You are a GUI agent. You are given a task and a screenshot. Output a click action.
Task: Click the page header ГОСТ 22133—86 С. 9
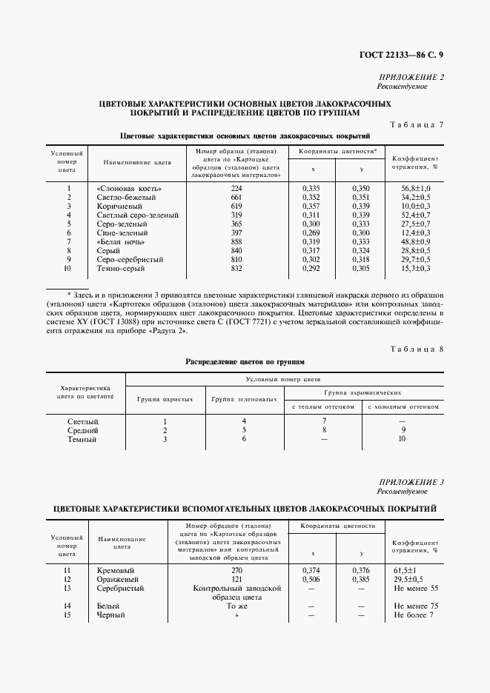[x=400, y=54]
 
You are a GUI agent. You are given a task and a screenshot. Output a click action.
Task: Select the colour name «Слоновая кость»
[x=129, y=189]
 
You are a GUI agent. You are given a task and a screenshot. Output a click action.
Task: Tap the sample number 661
[x=236, y=198]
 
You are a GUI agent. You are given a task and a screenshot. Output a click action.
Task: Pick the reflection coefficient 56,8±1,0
[x=416, y=189]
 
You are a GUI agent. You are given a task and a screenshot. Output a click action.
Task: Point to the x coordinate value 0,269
[x=311, y=232]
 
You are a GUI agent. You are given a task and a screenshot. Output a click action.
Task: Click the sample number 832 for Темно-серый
[x=236, y=268]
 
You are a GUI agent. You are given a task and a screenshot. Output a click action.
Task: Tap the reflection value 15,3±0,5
[x=416, y=268]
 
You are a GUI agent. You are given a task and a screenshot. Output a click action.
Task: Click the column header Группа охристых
[x=165, y=399]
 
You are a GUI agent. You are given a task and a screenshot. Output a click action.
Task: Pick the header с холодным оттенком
[x=403, y=406]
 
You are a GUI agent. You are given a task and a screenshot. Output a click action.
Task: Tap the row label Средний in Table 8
[x=82, y=430]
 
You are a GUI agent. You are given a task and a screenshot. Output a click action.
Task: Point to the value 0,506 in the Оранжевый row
[x=311, y=579]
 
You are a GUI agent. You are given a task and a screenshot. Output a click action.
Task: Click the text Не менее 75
[x=417, y=606]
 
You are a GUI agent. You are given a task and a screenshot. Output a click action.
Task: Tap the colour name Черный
[x=111, y=615]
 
